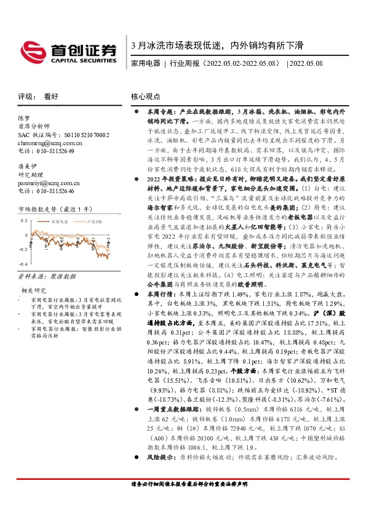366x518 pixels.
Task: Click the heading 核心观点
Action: point(146,97)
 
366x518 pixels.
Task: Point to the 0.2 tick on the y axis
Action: point(25,220)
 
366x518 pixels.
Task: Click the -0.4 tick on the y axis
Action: point(23,249)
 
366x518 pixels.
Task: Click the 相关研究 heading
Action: point(32,273)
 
